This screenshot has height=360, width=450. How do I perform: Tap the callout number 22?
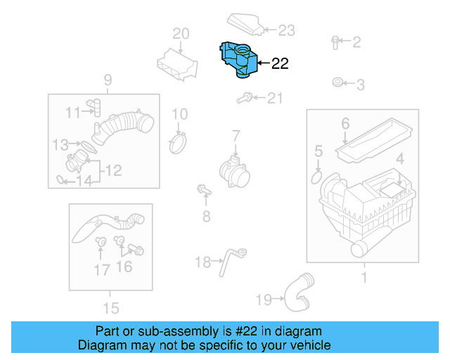(x=279, y=64)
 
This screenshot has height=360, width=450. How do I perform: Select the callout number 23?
(x=286, y=30)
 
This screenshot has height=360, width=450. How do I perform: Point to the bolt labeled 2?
(x=335, y=42)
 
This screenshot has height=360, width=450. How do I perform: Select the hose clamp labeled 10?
(x=179, y=143)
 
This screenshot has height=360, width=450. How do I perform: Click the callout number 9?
(x=108, y=79)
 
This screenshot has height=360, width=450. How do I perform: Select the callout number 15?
(x=110, y=308)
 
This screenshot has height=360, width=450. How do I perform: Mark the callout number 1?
(x=364, y=278)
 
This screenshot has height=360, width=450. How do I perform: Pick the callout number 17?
(x=102, y=269)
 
